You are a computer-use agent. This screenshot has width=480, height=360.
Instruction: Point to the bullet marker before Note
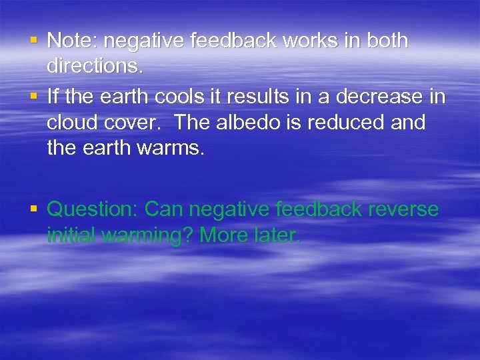33,41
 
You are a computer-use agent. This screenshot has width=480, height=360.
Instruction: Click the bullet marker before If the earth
33,96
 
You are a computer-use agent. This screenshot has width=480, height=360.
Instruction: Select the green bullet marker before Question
33,209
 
